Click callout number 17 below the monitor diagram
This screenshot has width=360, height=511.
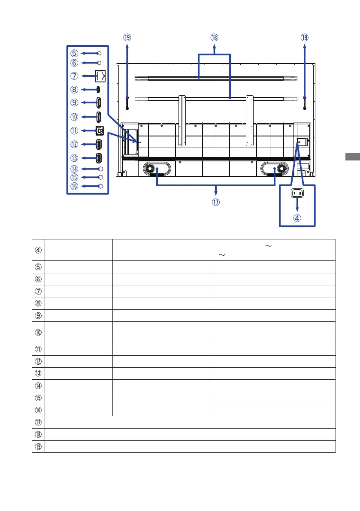pyautogui.click(x=216, y=203)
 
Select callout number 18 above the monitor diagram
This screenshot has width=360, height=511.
pyautogui.click(x=214, y=37)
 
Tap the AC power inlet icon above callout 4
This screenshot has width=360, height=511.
pyautogui.click(x=297, y=193)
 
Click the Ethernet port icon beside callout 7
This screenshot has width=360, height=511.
pyautogui.click(x=100, y=76)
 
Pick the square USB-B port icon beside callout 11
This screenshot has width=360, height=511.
pyautogui.click(x=100, y=131)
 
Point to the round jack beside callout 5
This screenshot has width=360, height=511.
pyautogui.click(x=100, y=53)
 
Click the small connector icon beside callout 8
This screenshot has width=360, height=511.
pyautogui.click(x=98, y=89)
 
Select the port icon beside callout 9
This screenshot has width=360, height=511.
pyautogui.click(x=98, y=103)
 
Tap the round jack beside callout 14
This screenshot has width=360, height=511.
pyautogui.click(x=101, y=169)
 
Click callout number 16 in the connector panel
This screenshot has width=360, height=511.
pyautogui.click(x=74, y=186)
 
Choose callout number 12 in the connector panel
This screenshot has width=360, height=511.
pyautogui.click(x=74, y=144)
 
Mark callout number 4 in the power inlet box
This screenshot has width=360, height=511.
pyautogui.click(x=297, y=218)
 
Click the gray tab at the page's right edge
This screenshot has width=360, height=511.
pyautogui.click(x=353, y=157)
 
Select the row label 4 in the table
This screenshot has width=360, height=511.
pyautogui.click(x=38, y=250)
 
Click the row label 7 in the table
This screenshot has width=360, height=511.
pyautogui.click(x=38, y=291)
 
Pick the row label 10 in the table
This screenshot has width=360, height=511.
pyautogui.click(x=38, y=333)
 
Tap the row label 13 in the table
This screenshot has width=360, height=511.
pyautogui.click(x=38, y=373)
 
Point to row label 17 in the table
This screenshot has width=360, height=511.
pyautogui.click(x=38, y=422)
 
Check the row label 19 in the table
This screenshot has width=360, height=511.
pyautogui.click(x=38, y=447)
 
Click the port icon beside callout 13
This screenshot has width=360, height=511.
pyautogui.click(x=98, y=158)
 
